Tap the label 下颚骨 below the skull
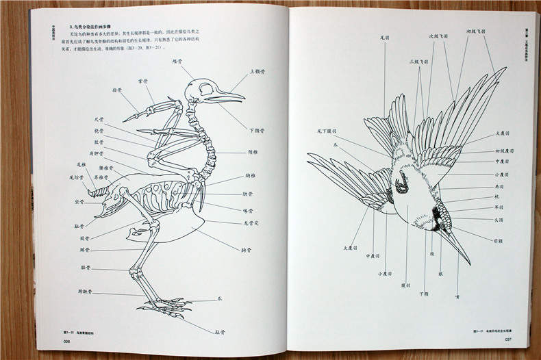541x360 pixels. pos(256,130)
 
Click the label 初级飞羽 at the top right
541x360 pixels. pos(477,31)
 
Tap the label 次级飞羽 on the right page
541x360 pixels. pos(438,36)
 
